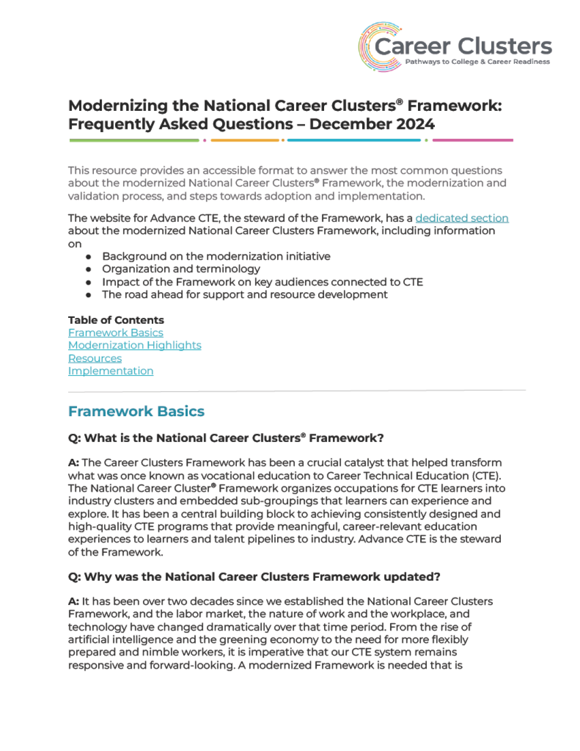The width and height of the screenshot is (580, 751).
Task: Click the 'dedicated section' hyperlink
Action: click(462, 218)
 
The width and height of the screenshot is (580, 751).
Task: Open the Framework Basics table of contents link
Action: click(116, 333)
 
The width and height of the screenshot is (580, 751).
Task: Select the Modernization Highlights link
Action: click(135, 345)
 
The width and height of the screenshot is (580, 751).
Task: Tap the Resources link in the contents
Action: click(95, 358)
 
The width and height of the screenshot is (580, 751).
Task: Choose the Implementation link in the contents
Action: click(111, 371)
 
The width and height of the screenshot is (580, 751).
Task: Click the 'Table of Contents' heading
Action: click(116, 320)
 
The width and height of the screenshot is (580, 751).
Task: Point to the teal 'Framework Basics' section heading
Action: click(136, 411)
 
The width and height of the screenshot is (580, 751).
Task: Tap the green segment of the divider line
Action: click(134, 140)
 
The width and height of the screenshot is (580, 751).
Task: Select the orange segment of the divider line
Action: click(245, 140)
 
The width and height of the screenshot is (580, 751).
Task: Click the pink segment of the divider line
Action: click(473, 140)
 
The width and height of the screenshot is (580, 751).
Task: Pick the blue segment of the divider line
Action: click(354, 140)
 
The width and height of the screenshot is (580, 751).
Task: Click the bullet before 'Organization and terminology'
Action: click(88, 269)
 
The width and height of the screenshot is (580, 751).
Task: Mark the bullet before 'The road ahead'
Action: click(88, 295)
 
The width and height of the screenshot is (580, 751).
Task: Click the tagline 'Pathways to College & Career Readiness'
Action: click(477, 62)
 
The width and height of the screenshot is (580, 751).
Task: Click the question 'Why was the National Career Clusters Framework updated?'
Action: click(254, 577)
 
